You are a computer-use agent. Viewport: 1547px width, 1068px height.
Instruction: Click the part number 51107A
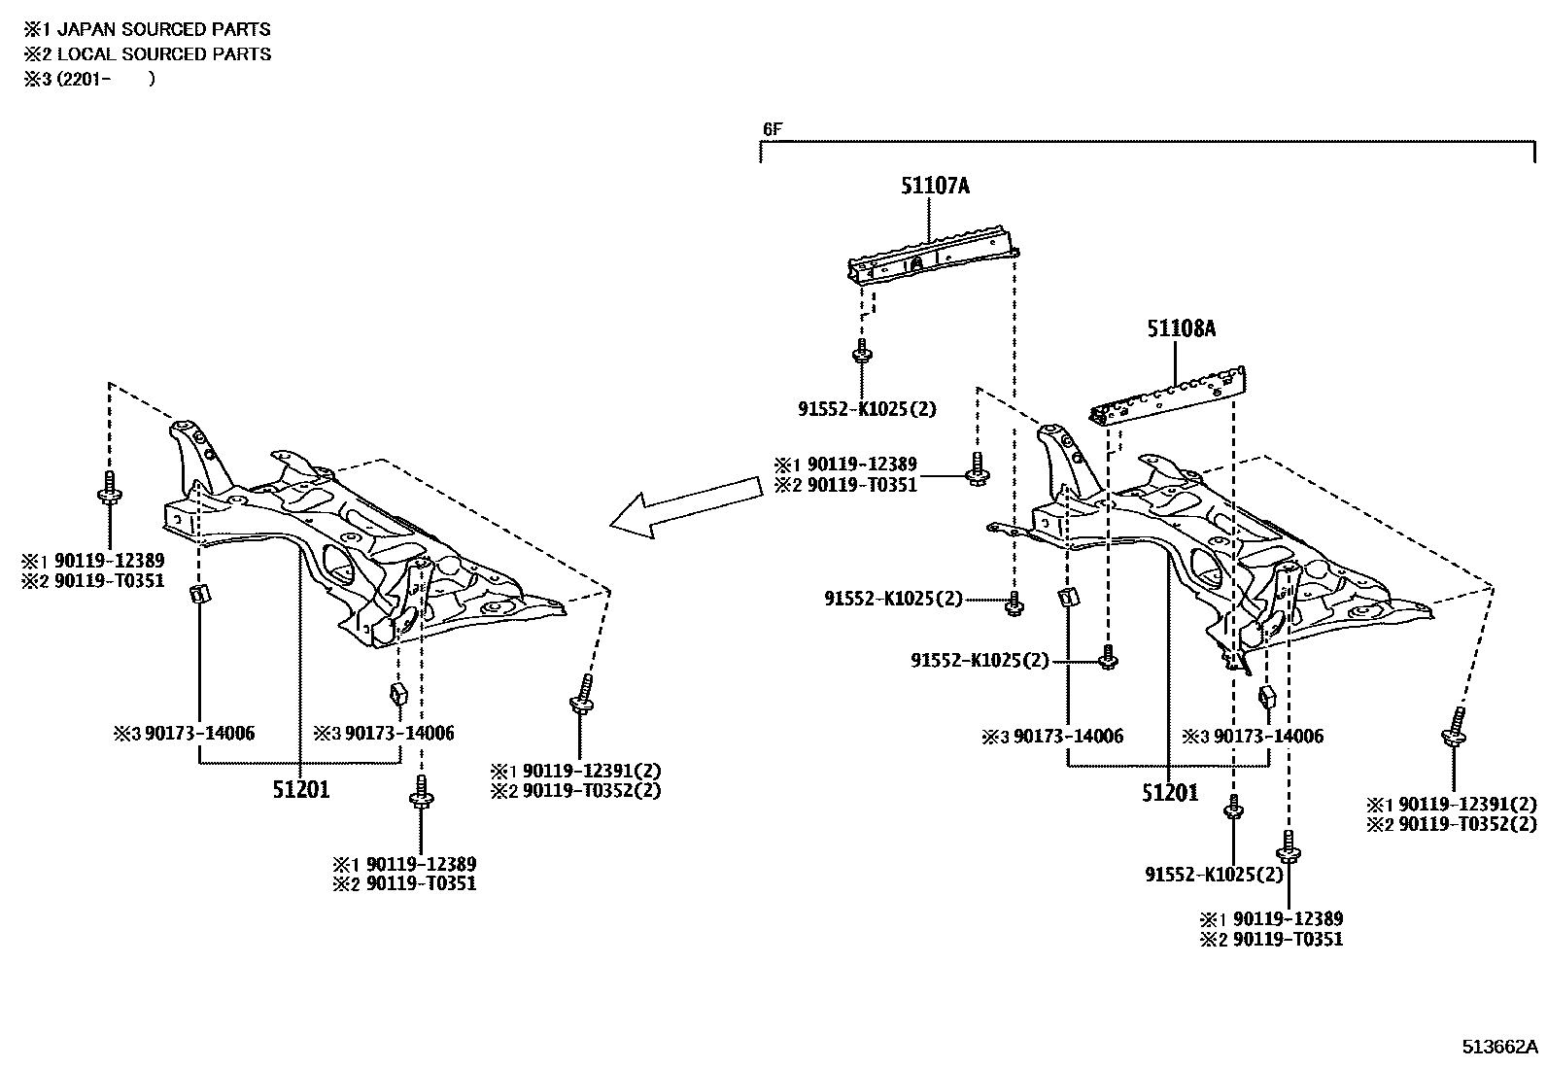tap(934, 185)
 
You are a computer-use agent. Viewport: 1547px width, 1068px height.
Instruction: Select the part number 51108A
tap(1181, 328)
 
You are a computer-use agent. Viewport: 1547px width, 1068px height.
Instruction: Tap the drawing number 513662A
tap(1501, 1047)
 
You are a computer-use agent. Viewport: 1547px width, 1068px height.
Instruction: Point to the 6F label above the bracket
tap(771, 128)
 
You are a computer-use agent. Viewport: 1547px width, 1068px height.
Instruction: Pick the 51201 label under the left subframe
tap(301, 790)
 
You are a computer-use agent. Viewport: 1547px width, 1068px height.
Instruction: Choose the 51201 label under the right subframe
tap(1170, 793)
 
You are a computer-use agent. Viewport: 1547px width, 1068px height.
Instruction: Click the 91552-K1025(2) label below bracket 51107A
tap(868, 409)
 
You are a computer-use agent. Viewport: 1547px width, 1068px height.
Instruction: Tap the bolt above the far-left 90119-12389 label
tap(110, 490)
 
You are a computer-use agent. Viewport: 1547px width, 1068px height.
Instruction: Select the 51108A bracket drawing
tap(1171, 396)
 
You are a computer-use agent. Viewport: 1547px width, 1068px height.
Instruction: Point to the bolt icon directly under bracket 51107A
tap(859, 351)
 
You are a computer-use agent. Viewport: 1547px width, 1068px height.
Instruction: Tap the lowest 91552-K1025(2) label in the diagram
tap(1214, 875)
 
